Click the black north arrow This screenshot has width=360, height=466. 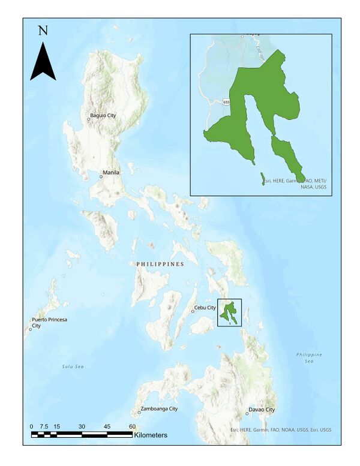[43, 62]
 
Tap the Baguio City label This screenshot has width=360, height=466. [103, 115]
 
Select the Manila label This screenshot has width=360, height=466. [111, 173]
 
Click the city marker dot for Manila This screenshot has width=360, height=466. [101, 176]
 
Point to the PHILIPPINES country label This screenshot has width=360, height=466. [160, 264]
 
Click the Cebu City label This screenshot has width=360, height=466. [205, 308]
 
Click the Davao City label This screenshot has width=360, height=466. [262, 410]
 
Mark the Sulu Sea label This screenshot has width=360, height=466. [73, 366]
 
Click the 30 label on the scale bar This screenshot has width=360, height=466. [82, 426]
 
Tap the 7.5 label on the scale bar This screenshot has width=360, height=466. [44, 426]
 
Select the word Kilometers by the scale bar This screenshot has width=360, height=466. [151, 435]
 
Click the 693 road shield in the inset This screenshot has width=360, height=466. [226, 103]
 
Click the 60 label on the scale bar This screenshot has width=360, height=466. [132, 426]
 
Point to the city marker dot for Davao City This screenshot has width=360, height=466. [246, 414]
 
